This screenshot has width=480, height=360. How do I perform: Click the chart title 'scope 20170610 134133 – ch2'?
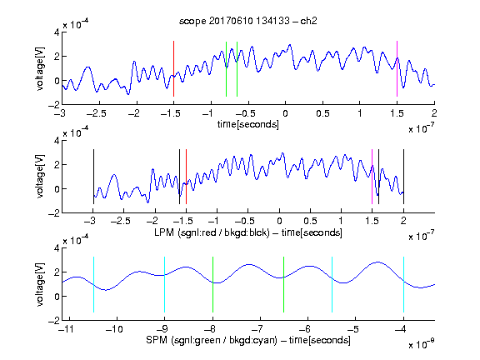click(x=248, y=21)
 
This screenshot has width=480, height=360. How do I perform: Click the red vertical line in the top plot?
click(x=173, y=68)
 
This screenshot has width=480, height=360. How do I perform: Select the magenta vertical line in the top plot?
click(x=397, y=68)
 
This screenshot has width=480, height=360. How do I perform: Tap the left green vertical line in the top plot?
click(x=226, y=69)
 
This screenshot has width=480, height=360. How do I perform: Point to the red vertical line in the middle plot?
click(x=186, y=177)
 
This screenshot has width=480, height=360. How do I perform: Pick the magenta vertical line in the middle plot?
click(x=372, y=177)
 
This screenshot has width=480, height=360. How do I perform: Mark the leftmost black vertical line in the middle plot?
click(x=93, y=177)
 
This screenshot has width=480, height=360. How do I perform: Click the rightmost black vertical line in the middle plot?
click(x=403, y=177)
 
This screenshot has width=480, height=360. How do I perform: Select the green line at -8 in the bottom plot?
click(x=212, y=285)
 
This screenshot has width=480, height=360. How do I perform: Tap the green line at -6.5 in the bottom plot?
click(x=284, y=285)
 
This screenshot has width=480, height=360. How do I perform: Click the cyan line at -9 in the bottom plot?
click(x=165, y=285)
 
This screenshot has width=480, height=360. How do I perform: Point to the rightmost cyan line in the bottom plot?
click(x=403, y=285)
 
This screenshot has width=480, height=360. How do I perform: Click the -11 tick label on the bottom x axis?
click(x=67, y=329)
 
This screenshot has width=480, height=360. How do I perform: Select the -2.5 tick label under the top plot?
click(x=97, y=113)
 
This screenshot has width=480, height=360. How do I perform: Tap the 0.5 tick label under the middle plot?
click(x=310, y=222)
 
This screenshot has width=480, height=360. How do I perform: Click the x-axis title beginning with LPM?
click(x=248, y=232)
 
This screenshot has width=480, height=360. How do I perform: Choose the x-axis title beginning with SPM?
click(x=248, y=340)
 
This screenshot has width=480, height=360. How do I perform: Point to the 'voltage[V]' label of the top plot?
click(x=40, y=68)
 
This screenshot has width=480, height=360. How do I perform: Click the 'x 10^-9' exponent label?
click(x=422, y=343)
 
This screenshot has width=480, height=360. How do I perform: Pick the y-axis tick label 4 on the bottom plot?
click(x=57, y=248)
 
